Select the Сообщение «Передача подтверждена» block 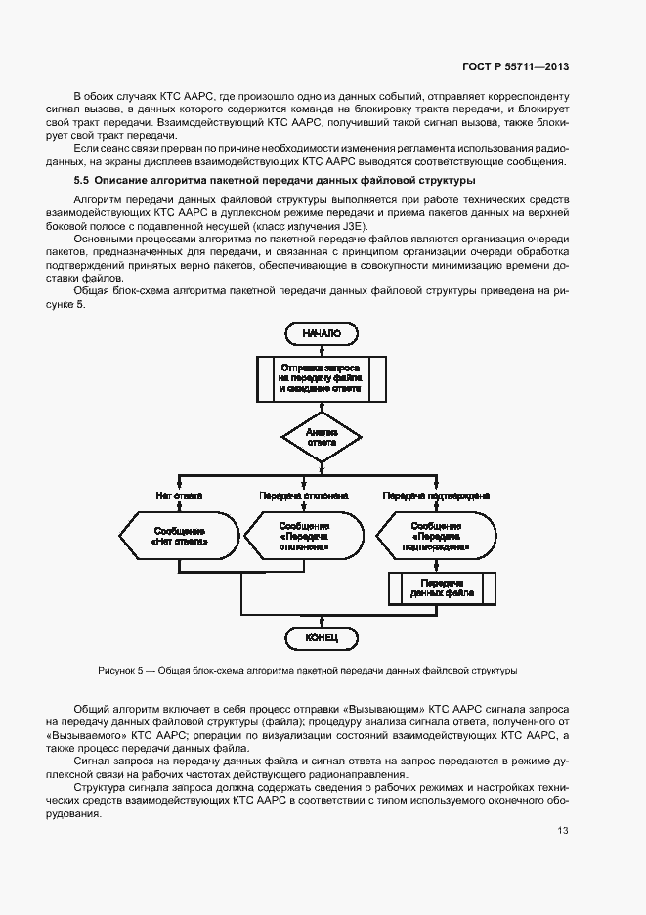[x=429, y=536]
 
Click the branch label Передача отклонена [x=304, y=496]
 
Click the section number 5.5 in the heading [x=81, y=181]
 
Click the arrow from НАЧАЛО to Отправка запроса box [x=320, y=348]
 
